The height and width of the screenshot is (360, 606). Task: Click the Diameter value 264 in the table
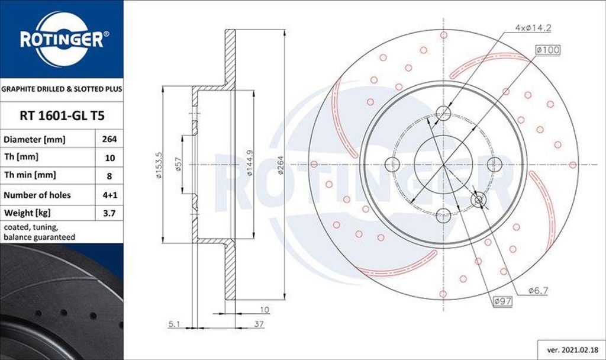(109, 140)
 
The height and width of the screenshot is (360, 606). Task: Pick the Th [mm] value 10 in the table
(109, 158)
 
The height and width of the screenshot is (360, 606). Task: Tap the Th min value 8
(109, 176)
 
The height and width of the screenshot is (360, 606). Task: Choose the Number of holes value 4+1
(109, 195)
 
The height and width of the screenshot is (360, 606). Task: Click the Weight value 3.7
(109, 213)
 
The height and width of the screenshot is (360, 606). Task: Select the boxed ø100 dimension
(547, 50)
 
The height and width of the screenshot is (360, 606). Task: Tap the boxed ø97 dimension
(502, 301)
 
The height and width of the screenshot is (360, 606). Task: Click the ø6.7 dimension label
(539, 290)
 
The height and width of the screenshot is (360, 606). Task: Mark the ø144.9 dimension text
(249, 164)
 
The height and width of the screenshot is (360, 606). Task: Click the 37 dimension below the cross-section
(259, 324)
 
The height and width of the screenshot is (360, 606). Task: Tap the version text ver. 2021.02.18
(569, 349)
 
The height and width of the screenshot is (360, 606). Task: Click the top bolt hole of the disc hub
(443, 113)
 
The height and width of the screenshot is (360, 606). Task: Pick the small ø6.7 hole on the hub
(479, 200)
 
